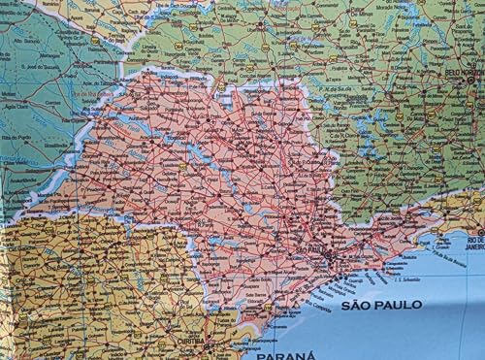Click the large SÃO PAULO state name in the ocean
pyautogui.click(x=380, y=305)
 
